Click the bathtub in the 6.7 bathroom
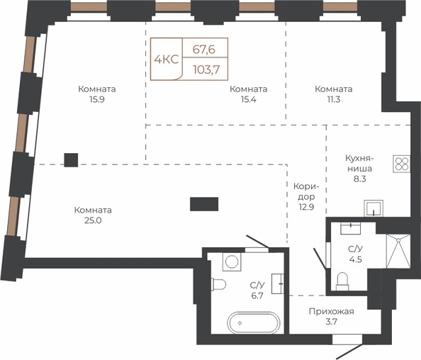(254, 322)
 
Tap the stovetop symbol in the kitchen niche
(402, 164)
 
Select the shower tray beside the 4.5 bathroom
(398, 251)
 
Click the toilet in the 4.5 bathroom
(342, 281)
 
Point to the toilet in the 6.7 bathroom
(218, 284)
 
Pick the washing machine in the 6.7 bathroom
(232, 261)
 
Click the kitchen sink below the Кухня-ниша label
(374, 208)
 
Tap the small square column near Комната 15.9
(71, 160)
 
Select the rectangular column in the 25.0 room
(204, 204)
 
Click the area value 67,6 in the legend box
(204, 50)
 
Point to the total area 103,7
(206, 69)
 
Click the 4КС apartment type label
(167, 60)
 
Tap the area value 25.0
(93, 220)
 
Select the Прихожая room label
(331, 311)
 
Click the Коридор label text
(306, 191)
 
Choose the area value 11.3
(334, 99)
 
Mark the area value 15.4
(248, 99)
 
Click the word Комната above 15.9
(97, 89)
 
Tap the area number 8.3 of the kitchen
(359, 179)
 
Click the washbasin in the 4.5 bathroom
(350, 228)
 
